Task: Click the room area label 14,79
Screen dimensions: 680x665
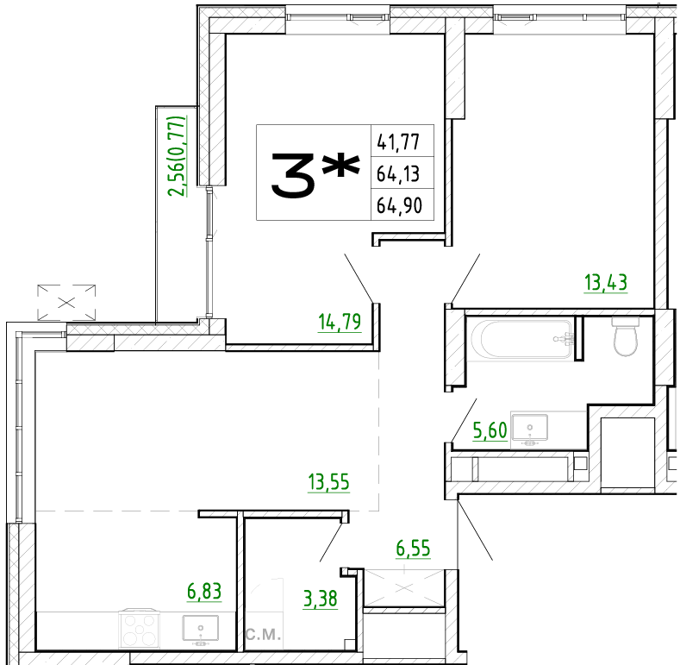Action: [340, 322]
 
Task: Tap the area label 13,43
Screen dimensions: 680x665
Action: [606, 283]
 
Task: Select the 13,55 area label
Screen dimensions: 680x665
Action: [328, 482]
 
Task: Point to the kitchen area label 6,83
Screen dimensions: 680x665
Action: [204, 591]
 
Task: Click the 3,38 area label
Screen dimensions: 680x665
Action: [320, 599]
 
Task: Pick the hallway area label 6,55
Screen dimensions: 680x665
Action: [414, 549]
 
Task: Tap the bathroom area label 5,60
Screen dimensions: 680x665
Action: [490, 430]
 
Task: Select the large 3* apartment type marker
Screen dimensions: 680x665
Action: [315, 174]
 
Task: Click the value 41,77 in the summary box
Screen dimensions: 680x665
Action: [398, 142]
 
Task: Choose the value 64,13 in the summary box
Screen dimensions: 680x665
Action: [398, 174]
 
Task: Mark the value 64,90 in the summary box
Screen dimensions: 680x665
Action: [399, 205]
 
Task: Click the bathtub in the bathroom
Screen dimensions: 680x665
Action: [522, 339]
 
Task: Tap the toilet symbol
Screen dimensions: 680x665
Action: [626, 336]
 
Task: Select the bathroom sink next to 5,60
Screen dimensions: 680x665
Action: [529, 430]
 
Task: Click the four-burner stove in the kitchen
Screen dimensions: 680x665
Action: [140, 628]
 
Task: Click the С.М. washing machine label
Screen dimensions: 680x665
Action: [263, 635]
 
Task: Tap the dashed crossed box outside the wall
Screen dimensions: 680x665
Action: [66, 303]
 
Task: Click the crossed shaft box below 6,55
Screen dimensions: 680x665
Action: [404, 587]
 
